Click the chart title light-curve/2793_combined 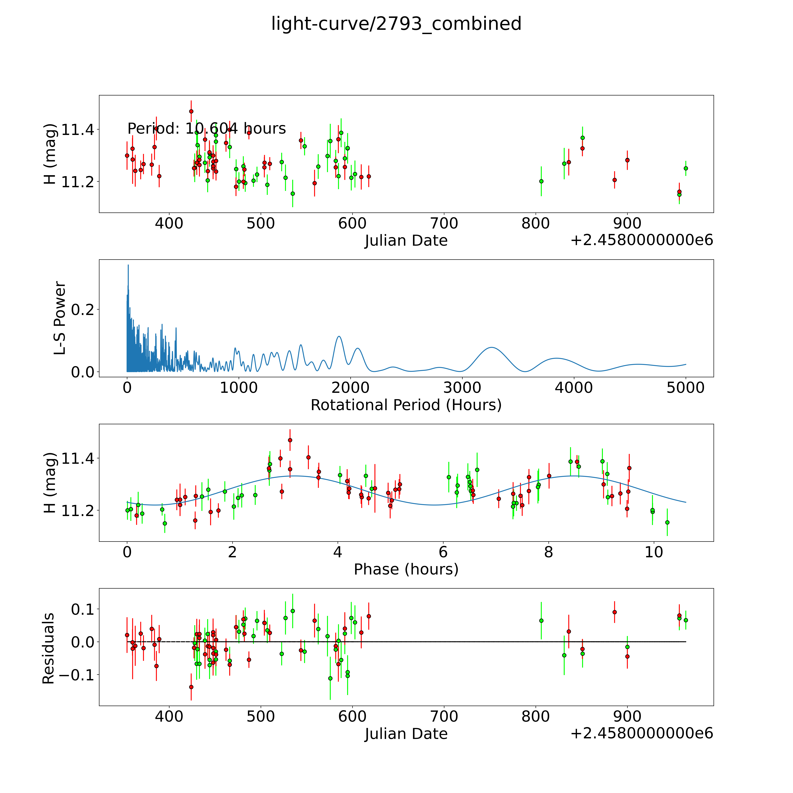(396, 24)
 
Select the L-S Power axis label (60, 318)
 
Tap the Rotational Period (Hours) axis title (406, 405)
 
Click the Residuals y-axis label (48, 648)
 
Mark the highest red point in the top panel (191, 111)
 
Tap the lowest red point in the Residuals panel (191, 687)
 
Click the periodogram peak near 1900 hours (339, 337)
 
